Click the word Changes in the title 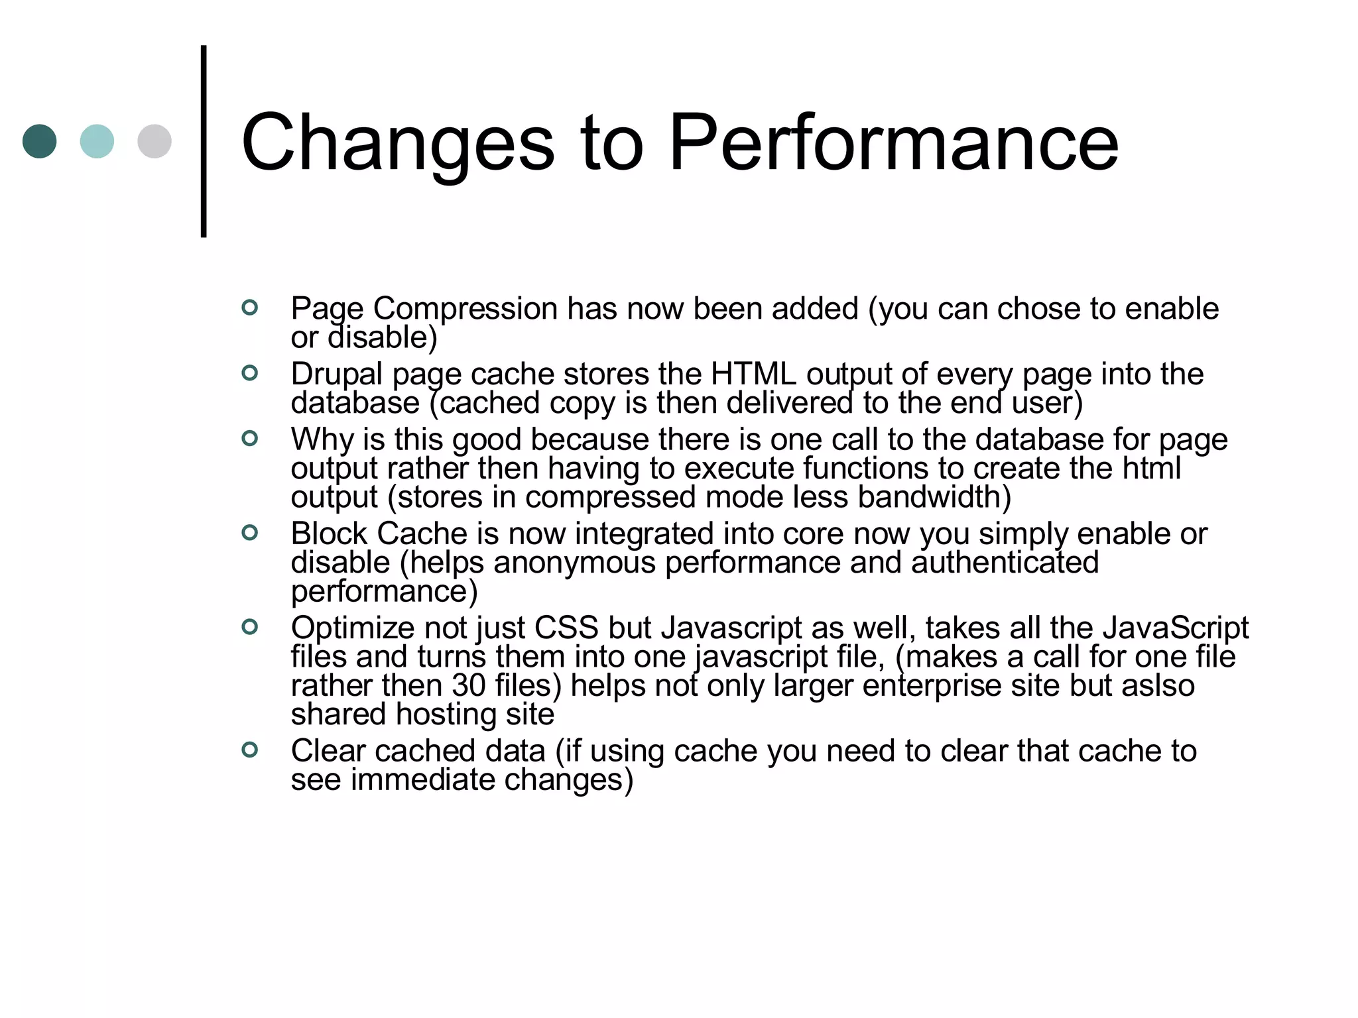click(398, 143)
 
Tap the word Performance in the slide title click(894, 143)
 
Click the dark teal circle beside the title click(40, 141)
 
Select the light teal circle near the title click(97, 141)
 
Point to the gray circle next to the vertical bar click(154, 141)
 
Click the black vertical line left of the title click(204, 141)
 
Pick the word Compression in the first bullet click(465, 309)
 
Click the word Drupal click(336, 374)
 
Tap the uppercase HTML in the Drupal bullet click(753, 374)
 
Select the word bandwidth click(934, 497)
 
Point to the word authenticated click(1005, 563)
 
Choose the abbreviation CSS click(566, 628)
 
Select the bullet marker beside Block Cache click(250, 532)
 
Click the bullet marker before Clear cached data click(250, 750)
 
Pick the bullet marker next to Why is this click(250, 438)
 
